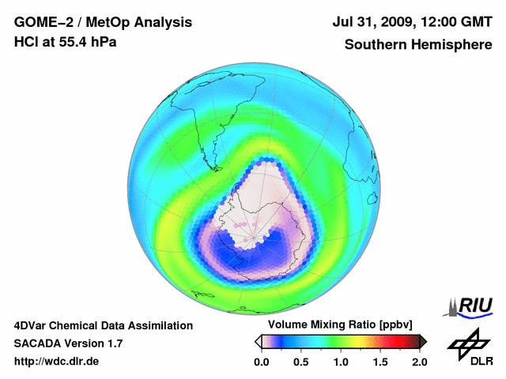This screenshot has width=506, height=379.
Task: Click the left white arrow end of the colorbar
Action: [258, 341]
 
